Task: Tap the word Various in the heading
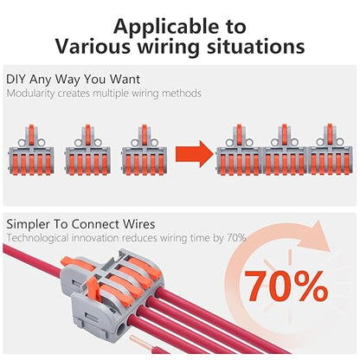coord(101,45)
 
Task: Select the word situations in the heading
coord(258,45)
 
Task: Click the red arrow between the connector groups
coord(192,156)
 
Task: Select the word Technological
coord(39,237)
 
